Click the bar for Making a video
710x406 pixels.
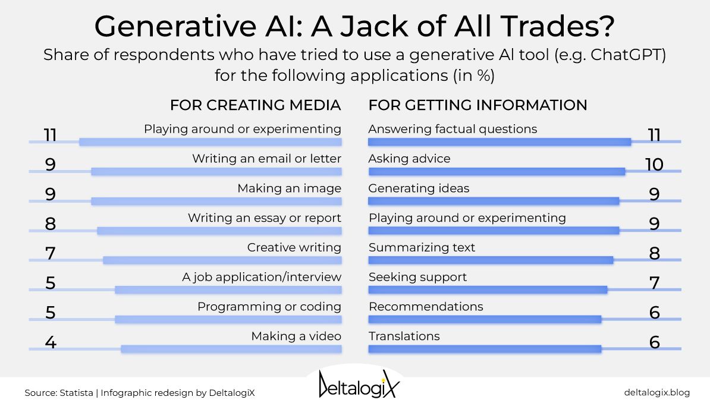(x=231, y=349)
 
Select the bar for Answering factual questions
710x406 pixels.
(x=499, y=141)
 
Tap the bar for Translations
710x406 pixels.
(x=485, y=349)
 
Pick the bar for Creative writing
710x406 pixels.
(x=222, y=260)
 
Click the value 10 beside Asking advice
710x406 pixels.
(x=654, y=165)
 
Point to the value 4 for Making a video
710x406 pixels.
(x=50, y=342)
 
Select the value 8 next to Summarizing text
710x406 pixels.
(x=654, y=254)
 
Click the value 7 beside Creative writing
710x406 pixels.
(x=50, y=254)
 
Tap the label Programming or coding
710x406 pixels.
(x=269, y=307)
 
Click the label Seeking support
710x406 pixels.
(x=417, y=277)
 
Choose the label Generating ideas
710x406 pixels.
(x=419, y=188)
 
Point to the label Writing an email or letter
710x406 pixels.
(x=266, y=159)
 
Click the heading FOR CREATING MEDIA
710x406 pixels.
(x=255, y=105)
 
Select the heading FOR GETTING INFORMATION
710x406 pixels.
(x=477, y=105)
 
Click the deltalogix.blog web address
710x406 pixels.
(x=656, y=392)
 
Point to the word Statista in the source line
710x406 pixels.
(x=77, y=393)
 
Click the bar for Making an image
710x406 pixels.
(x=216, y=201)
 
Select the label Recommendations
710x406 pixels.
(x=426, y=307)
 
